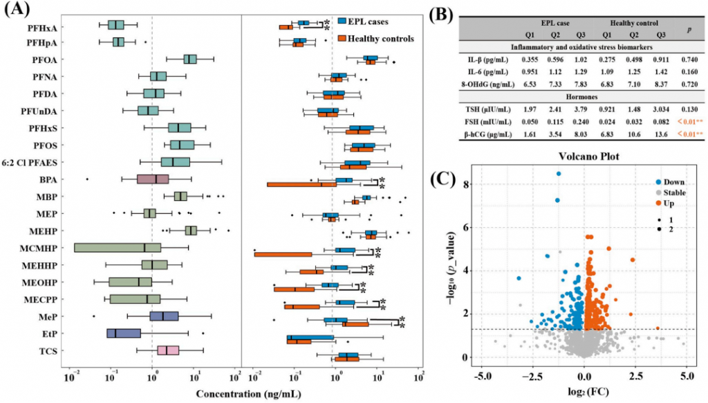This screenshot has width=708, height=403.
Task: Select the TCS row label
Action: point(49,351)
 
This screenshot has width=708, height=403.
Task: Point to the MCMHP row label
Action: point(40,248)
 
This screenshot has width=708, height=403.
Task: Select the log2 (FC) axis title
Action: point(584,393)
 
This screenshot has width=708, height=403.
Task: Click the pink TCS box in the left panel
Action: point(168,350)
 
